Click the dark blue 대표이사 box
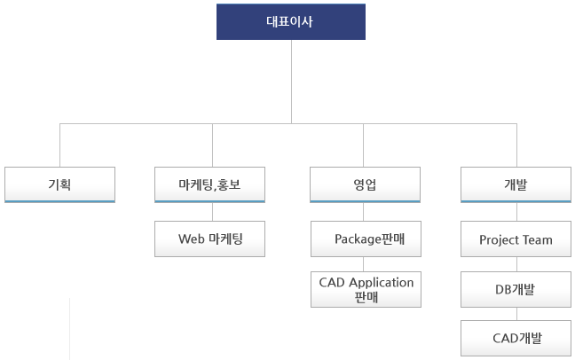pyautogui.click(x=291, y=21)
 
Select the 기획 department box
pyautogui.click(x=59, y=184)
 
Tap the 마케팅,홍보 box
pyautogui.click(x=209, y=184)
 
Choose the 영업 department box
pyautogui.click(x=365, y=184)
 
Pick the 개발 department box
pyautogui.click(x=516, y=184)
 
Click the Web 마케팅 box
pyautogui.click(x=209, y=239)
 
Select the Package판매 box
pyautogui.click(x=366, y=239)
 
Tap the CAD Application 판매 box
pyautogui.click(x=366, y=289)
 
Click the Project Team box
pyautogui.click(x=516, y=239)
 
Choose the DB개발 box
pyautogui.click(x=516, y=289)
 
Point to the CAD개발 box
pyautogui.click(x=516, y=338)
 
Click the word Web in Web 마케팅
pyautogui.click(x=191, y=239)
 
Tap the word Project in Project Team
pyautogui.click(x=499, y=240)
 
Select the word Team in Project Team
pyautogui.click(x=538, y=239)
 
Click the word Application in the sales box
pyautogui.click(x=382, y=283)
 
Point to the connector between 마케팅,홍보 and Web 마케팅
pyautogui.click(x=212, y=212)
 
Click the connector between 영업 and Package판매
pyautogui.click(x=364, y=212)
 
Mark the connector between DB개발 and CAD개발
pyautogui.click(x=517, y=314)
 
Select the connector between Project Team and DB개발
pyautogui.click(x=517, y=264)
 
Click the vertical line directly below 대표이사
pyautogui.click(x=292, y=82)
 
